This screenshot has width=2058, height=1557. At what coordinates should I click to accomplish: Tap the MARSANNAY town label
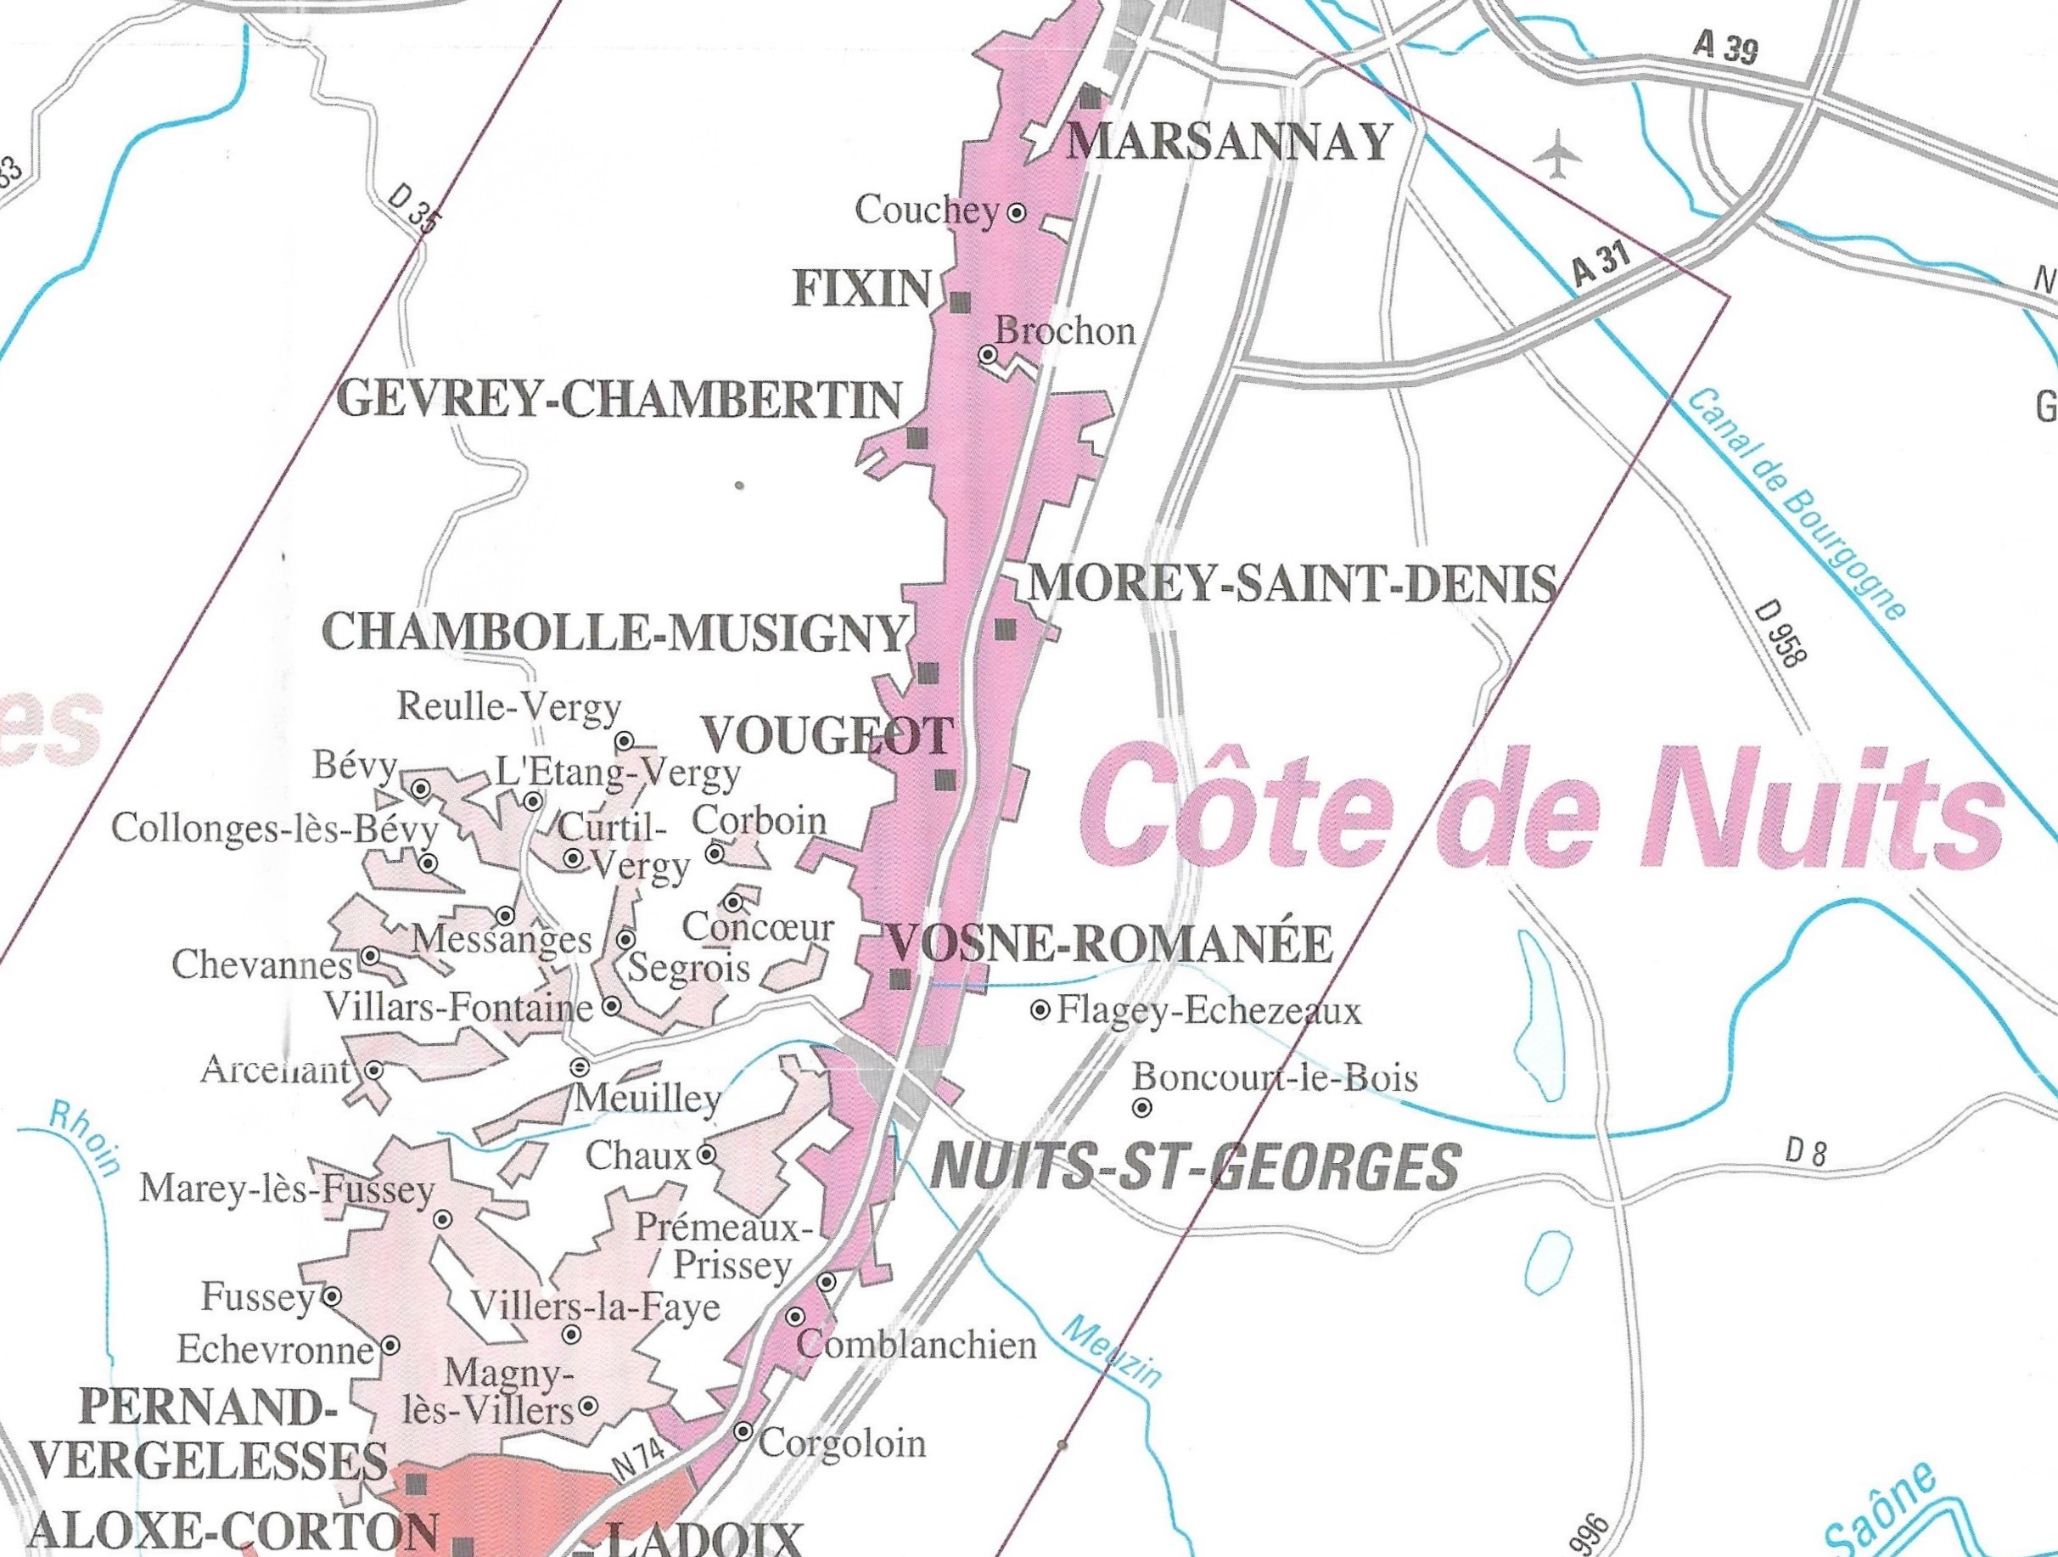[1228, 143]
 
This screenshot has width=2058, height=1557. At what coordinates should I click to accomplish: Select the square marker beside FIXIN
[960, 301]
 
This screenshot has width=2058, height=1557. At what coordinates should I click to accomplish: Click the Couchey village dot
[1017, 212]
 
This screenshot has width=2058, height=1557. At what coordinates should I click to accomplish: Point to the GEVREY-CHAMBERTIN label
[619, 400]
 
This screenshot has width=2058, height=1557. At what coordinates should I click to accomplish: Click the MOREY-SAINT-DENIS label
[1293, 583]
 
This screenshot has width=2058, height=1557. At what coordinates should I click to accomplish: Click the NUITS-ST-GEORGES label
[1195, 1167]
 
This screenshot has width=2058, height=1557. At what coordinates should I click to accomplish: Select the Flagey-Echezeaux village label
[1208, 1011]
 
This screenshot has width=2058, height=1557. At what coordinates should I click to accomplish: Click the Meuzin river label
[1112, 1352]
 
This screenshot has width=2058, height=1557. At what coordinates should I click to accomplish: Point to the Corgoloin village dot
[743, 1431]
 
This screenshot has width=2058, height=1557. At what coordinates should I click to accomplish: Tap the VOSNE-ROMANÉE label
[1112, 944]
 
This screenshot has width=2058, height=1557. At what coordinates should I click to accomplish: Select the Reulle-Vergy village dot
[625, 741]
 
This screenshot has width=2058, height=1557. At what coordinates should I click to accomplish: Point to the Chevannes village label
[262, 966]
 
